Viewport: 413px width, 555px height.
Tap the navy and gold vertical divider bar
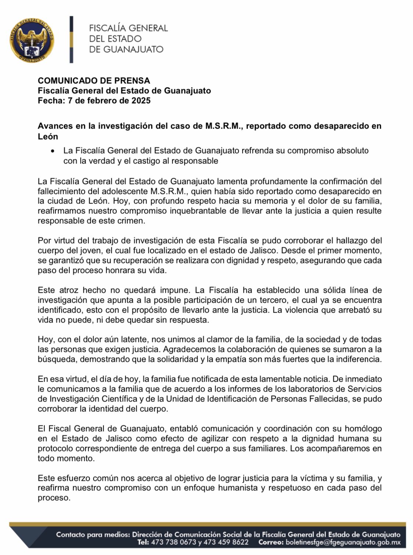click(72, 39)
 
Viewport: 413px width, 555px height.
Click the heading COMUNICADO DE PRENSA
click(94, 81)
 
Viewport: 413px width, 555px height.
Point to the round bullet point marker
click(54, 151)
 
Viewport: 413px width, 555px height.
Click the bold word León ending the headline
click(48, 137)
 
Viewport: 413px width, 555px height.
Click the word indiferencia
click(355, 359)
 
